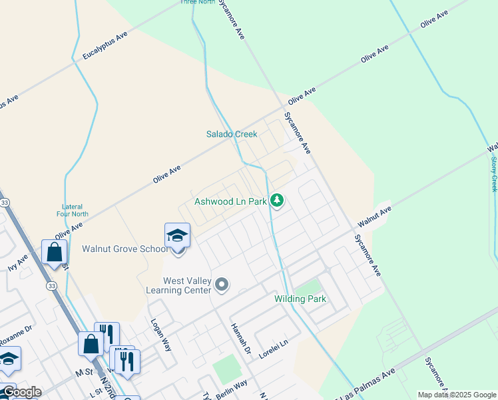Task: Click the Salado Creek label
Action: click(231, 134)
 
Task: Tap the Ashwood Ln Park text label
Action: click(230, 201)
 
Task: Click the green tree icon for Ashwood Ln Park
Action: click(277, 200)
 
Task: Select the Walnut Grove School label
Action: click(125, 249)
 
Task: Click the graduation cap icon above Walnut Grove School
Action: click(178, 235)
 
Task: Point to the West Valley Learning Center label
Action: click(179, 285)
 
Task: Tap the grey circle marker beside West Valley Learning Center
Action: click(222, 285)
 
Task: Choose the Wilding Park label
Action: click(300, 299)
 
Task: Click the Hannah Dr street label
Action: click(239, 337)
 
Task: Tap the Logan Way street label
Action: click(159, 333)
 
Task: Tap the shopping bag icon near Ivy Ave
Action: click(54, 252)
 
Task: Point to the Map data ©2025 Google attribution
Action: click(457, 395)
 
